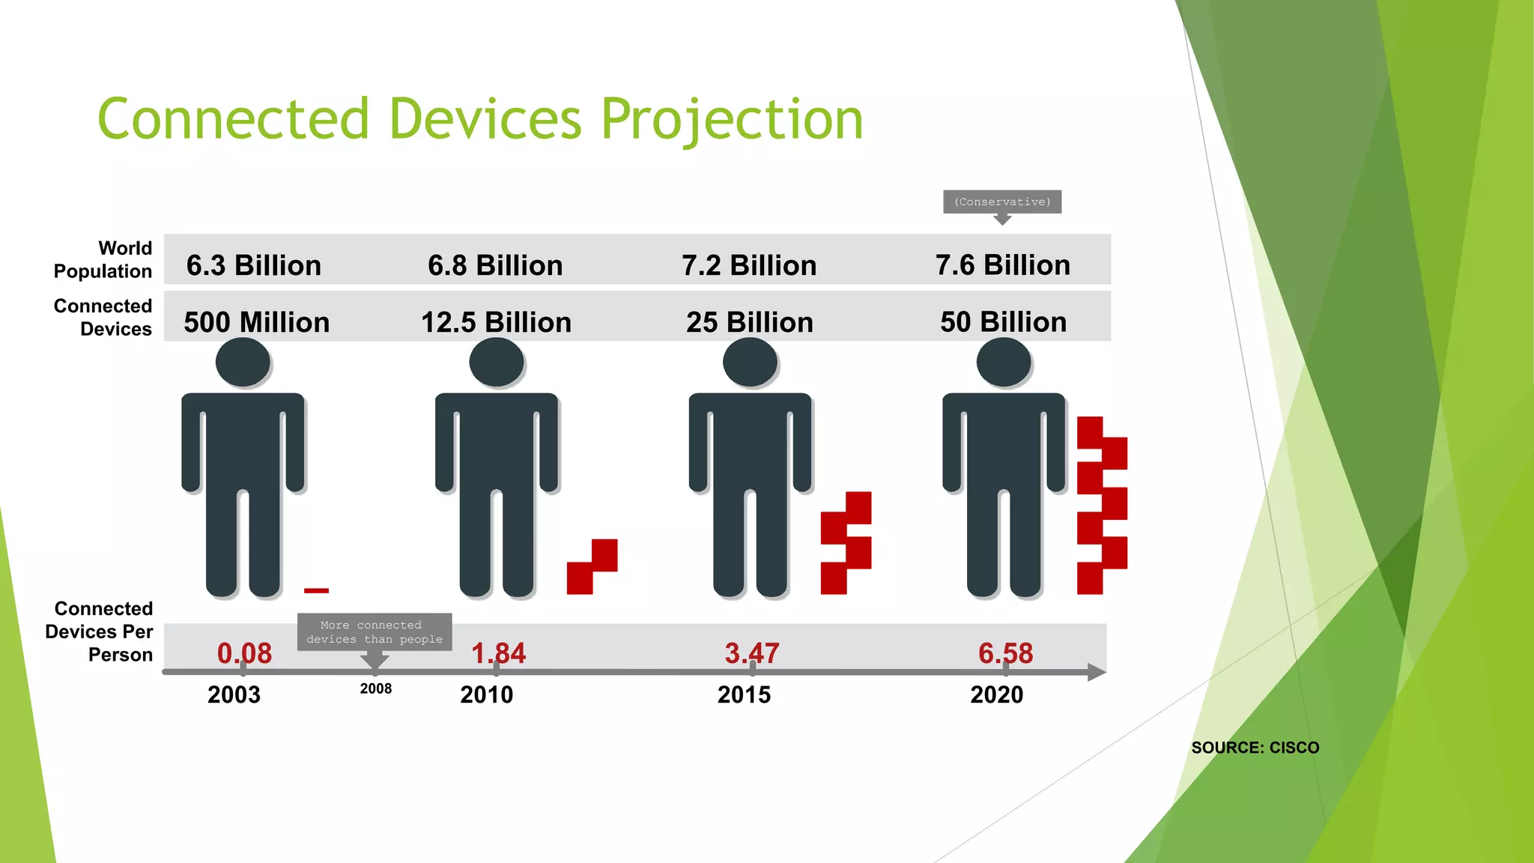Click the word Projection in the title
click(x=732, y=120)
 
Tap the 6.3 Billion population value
click(x=253, y=265)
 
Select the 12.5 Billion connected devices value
click(x=496, y=322)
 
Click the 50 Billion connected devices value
click(x=1003, y=321)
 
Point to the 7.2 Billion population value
click(x=748, y=265)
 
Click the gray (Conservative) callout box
click(x=1001, y=202)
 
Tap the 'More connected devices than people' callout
click(x=375, y=632)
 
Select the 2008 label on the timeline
click(x=375, y=688)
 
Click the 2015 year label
click(x=744, y=694)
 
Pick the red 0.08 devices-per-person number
click(x=244, y=653)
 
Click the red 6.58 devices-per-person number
click(x=1005, y=653)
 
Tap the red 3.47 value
click(x=751, y=653)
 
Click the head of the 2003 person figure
click(x=243, y=362)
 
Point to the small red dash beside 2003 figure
click(x=316, y=591)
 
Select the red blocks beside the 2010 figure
click(x=592, y=567)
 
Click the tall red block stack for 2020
click(x=1101, y=506)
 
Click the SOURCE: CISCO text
click(x=1255, y=748)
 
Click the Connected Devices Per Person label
click(x=100, y=632)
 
